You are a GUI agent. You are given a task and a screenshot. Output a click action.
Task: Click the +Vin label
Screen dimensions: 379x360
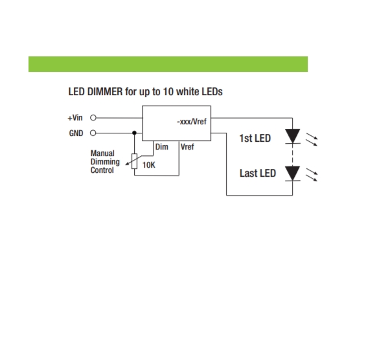click(75, 118)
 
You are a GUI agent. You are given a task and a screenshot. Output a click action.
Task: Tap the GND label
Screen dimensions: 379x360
click(76, 133)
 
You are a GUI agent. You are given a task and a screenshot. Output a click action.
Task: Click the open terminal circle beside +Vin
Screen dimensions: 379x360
click(93, 118)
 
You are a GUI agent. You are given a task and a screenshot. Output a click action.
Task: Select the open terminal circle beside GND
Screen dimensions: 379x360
click(93, 133)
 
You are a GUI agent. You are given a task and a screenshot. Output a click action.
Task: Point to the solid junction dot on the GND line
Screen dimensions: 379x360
click(134, 133)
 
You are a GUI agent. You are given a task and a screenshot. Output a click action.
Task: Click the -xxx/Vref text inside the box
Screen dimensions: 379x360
click(192, 121)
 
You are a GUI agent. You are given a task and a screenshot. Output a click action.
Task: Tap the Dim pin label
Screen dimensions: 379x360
click(162, 147)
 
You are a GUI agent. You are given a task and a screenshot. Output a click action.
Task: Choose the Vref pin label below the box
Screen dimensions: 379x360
click(187, 147)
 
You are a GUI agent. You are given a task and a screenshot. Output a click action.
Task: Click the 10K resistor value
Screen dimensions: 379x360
click(148, 165)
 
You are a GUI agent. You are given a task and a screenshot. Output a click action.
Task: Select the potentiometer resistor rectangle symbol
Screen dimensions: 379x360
click(134, 161)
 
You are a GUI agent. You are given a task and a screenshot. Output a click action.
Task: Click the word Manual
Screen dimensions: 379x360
click(102, 153)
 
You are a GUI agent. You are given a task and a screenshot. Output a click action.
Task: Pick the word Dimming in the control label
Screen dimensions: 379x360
click(105, 162)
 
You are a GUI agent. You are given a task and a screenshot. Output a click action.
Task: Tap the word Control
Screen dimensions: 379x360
click(102, 170)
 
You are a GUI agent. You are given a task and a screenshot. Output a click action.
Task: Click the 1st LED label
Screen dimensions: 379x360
click(255, 138)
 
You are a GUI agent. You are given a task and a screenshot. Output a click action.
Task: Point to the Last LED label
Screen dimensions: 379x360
click(258, 174)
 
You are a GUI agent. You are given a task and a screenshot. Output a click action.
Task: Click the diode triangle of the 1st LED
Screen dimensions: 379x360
click(292, 136)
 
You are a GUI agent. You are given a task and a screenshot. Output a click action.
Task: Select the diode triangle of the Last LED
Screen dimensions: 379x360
click(292, 173)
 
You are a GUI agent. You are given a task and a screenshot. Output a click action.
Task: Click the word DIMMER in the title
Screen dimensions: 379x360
click(105, 92)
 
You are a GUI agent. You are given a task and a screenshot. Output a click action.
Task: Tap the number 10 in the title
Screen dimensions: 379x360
click(168, 92)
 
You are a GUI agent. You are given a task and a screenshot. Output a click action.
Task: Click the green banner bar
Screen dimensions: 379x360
click(168, 64)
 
